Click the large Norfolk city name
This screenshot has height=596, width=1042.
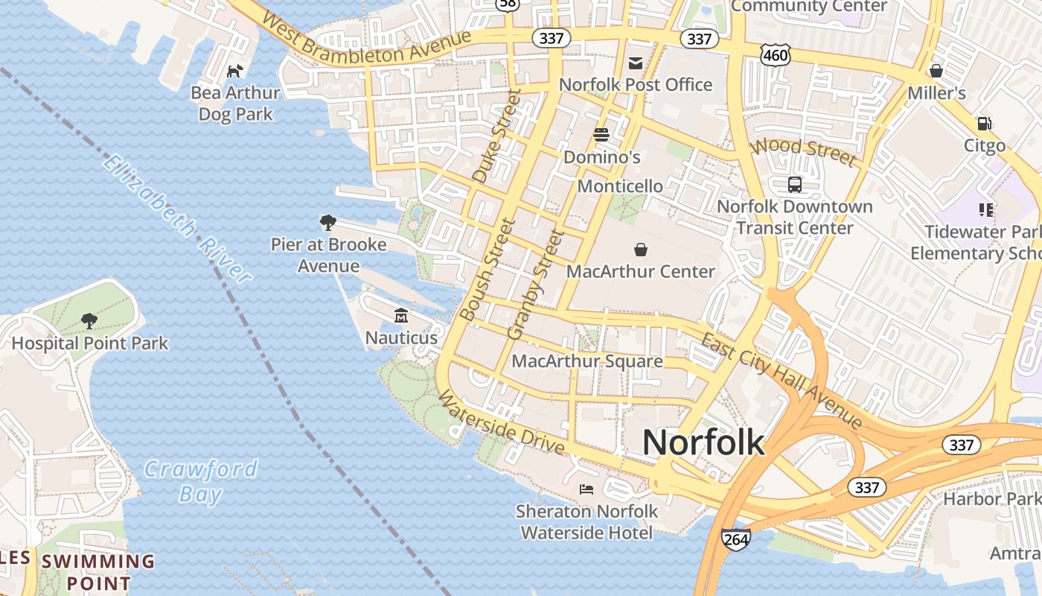703,443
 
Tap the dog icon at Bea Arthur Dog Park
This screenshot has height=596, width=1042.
235,72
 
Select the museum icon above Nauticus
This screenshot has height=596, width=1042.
401,317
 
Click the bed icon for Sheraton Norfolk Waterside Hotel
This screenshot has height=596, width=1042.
586,489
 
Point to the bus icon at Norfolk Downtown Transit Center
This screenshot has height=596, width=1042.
795,184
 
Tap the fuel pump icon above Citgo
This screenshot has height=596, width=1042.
985,124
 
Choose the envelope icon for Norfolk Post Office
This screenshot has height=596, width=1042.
636,63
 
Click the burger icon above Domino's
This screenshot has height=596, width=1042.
601,135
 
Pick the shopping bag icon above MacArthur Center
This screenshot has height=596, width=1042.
640,250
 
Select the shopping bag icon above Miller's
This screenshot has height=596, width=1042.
936,72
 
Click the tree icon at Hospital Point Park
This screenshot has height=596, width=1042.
89,321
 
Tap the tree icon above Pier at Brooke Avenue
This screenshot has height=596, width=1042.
327,222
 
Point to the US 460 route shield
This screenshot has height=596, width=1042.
775,54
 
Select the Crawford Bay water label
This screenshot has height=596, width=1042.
201,481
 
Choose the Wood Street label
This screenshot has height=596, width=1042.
804,151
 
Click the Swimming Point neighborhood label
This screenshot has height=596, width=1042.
98,571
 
